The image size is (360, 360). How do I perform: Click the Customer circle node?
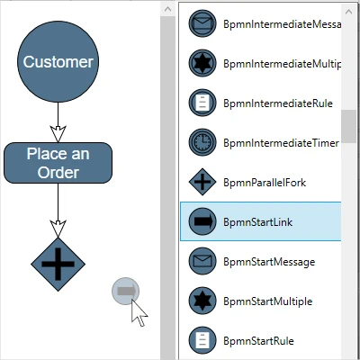point(58,62)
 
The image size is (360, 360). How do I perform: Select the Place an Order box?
point(58,163)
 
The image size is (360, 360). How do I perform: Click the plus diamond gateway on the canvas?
point(58,264)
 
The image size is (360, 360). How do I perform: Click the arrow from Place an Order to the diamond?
point(58,211)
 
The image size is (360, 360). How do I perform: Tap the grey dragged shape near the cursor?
point(125,291)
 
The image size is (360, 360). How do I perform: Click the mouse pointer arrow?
point(139,312)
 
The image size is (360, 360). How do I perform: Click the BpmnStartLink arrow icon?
point(202,222)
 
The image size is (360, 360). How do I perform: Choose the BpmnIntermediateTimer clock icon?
point(202,142)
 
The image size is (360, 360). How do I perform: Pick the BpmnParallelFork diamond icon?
point(202,182)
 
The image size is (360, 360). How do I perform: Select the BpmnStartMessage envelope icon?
point(202,261)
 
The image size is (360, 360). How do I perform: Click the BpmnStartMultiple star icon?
point(202,301)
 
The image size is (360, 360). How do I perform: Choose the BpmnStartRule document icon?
point(202,340)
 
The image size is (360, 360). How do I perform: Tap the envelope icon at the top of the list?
point(202,24)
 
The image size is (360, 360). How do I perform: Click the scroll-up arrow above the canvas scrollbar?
point(167,8)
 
